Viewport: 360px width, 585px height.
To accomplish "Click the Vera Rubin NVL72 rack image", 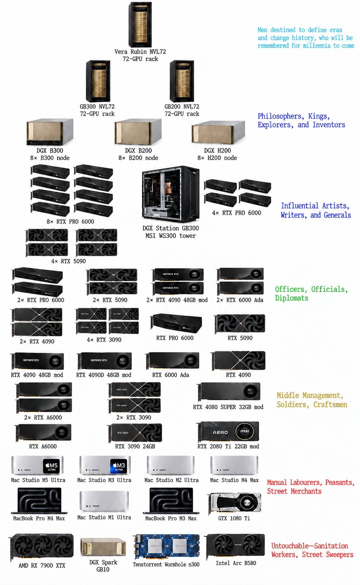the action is click(x=140, y=25).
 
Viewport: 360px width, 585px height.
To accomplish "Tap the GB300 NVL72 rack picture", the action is click(x=98, y=81).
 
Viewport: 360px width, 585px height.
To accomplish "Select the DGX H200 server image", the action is click(x=218, y=133).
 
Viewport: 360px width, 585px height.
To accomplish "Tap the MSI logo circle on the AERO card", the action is click(x=244, y=431).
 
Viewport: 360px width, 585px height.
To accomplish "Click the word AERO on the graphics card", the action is click(x=220, y=432).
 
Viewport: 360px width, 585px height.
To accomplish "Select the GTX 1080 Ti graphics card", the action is click(x=235, y=503).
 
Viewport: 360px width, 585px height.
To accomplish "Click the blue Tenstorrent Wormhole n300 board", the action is click(x=166, y=547).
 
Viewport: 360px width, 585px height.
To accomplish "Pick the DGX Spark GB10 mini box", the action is click(x=103, y=547).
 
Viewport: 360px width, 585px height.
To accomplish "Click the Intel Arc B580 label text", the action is click(x=236, y=563).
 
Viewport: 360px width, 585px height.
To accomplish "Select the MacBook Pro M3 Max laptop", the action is click(x=171, y=500).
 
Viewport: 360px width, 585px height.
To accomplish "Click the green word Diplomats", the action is click(x=292, y=298).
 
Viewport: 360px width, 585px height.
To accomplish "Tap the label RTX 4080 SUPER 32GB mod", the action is click(x=228, y=407).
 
